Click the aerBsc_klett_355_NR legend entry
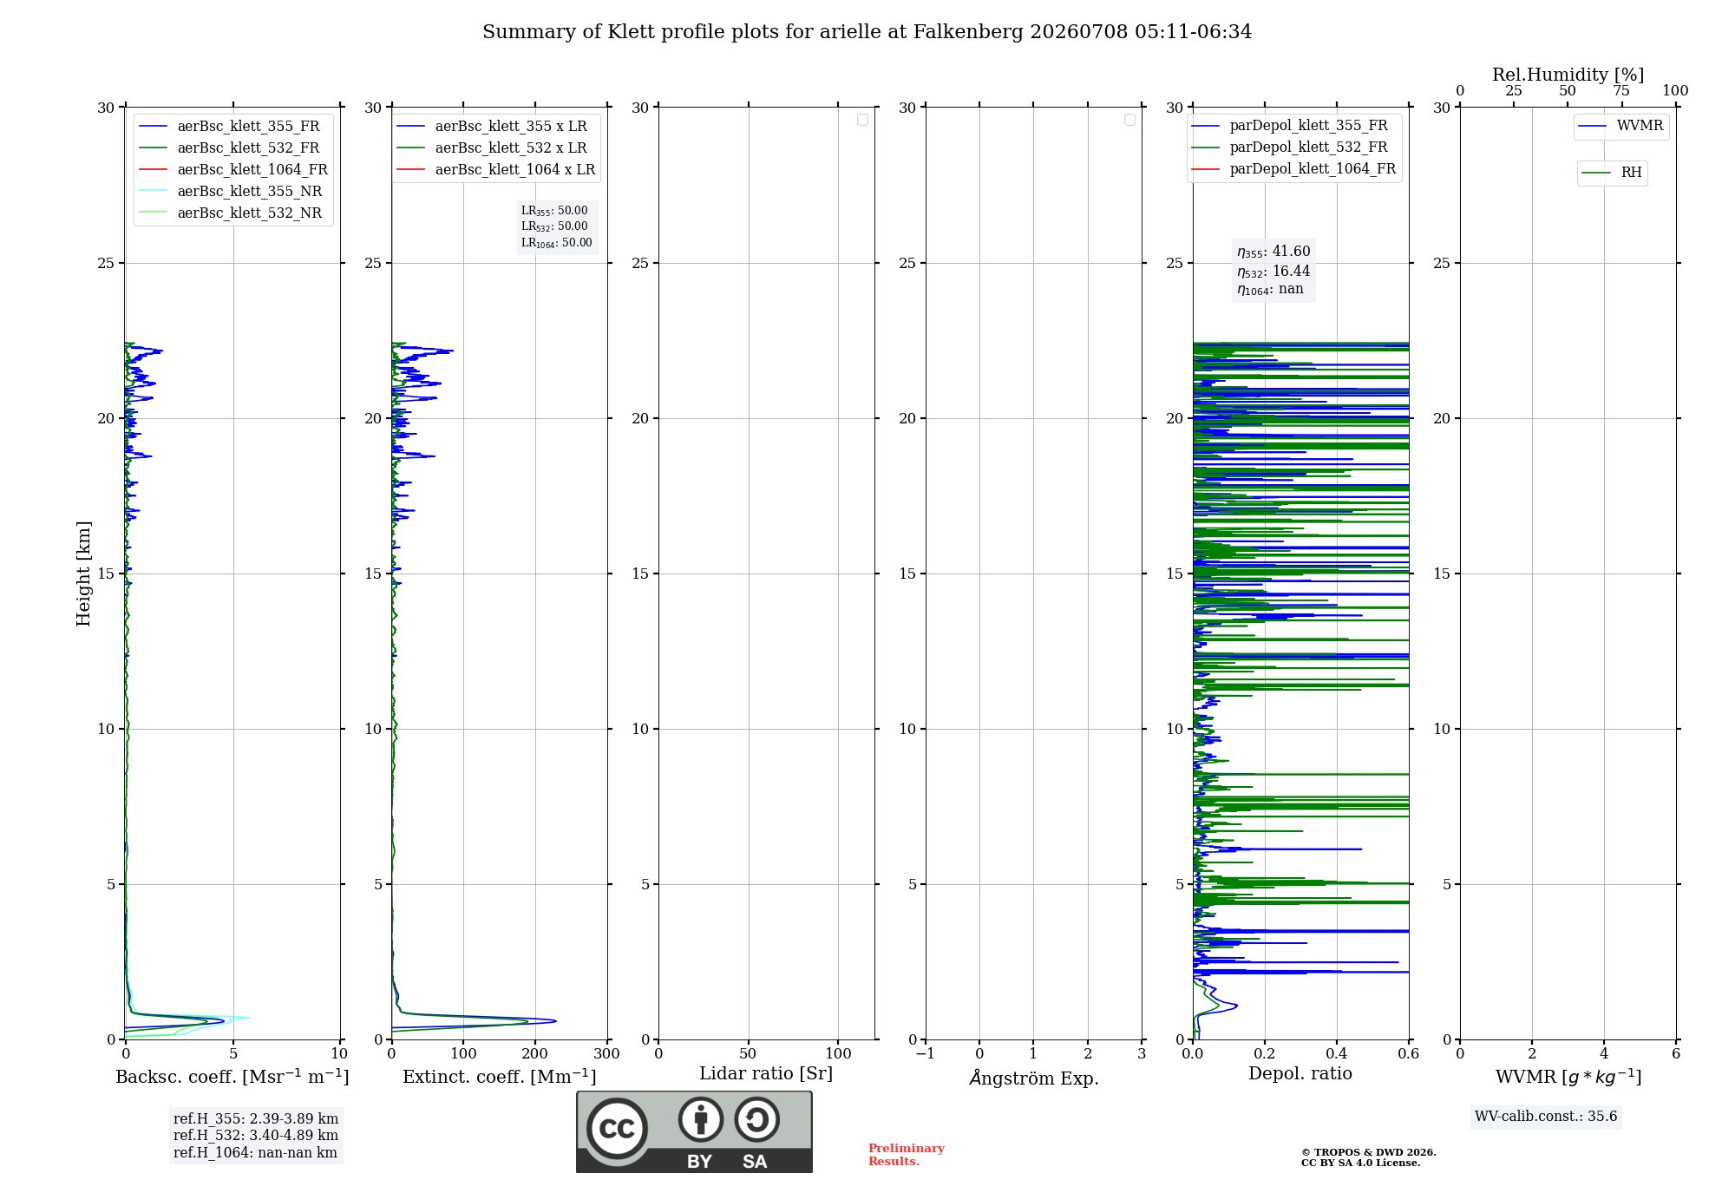pos(231,192)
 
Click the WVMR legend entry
pos(1620,126)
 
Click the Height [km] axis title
pos(83,574)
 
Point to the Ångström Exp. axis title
pos(1034,1078)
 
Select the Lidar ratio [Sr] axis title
pos(766,1074)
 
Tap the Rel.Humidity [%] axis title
pos(1568,75)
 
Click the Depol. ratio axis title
pos(1300,1073)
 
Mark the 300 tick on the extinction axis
pos(607,1054)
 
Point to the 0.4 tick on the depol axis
pos(1337,1054)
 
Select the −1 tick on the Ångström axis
pos(926,1054)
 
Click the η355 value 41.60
pos(1292,252)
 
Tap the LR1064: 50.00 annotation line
pos(557,243)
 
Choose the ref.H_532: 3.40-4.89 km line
pos(256,1136)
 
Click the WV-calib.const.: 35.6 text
pos(1547,1117)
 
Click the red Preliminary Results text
pos(907,1155)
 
